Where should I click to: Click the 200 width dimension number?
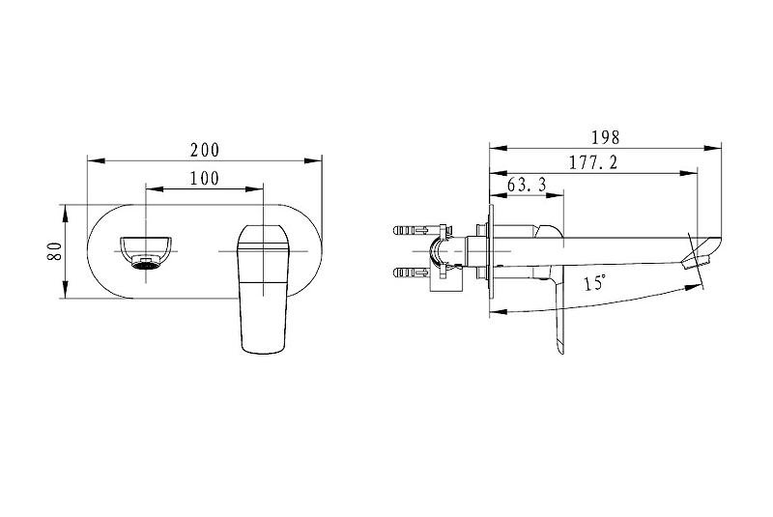[x=205, y=150]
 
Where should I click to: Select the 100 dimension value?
[x=205, y=179]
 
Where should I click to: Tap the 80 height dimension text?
[x=55, y=251]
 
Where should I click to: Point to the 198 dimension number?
[x=605, y=137]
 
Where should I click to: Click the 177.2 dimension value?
[x=593, y=162]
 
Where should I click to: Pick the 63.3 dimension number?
[x=527, y=185]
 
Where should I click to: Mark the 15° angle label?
[x=594, y=283]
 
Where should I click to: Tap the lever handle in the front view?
[x=263, y=289]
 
